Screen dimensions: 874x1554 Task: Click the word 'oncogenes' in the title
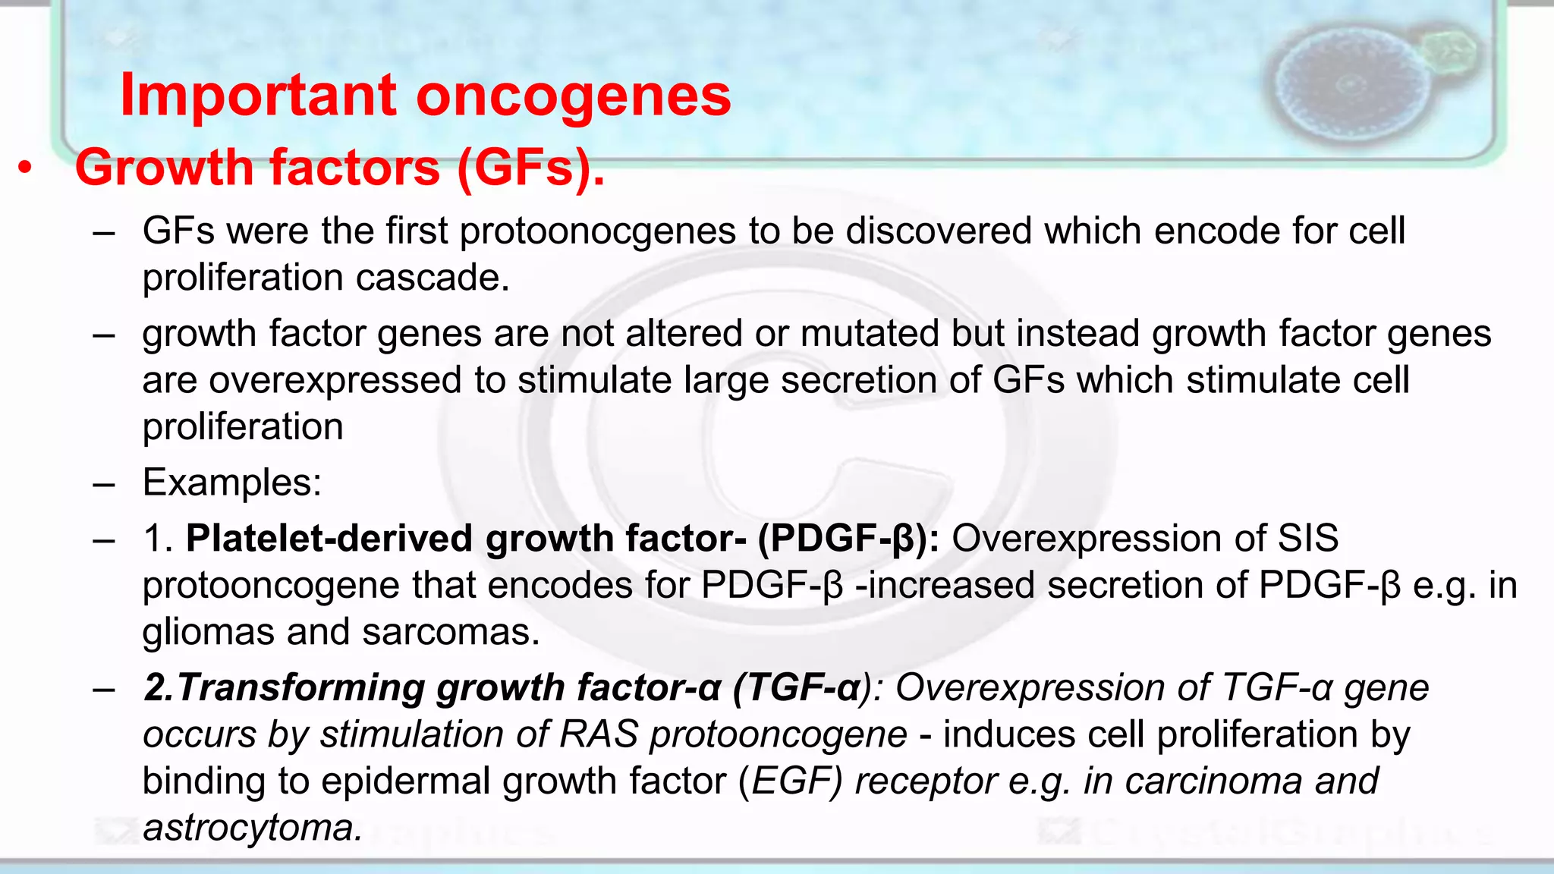tap(573, 97)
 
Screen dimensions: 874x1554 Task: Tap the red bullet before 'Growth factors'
tap(26, 168)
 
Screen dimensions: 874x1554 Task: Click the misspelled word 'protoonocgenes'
tap(598, 231)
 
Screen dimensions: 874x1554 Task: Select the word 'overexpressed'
tap(335, 380)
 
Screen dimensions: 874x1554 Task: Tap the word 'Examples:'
tap(232, 483)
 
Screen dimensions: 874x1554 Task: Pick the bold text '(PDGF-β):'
tap(848, 539)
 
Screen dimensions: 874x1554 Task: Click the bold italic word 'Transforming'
tap(300, 688)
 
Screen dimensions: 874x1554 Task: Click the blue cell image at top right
tap(1351, 83)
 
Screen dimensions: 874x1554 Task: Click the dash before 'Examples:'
tap(103, 483)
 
